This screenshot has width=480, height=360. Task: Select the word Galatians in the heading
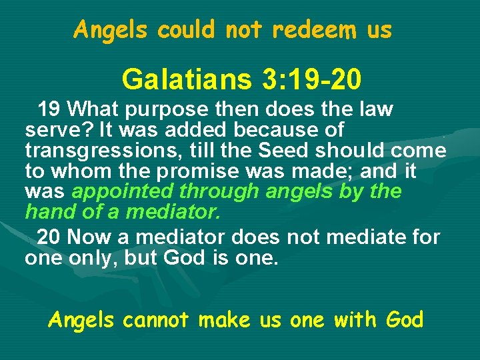pyautogui.click(x=184, y=80)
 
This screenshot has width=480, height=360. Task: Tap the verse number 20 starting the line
pyautogui.click(x=49, y=237)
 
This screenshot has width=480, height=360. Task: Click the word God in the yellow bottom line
pyautogui.click(x=404, y=320)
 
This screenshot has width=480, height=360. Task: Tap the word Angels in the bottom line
pyautogui.click(x=82, y=320)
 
